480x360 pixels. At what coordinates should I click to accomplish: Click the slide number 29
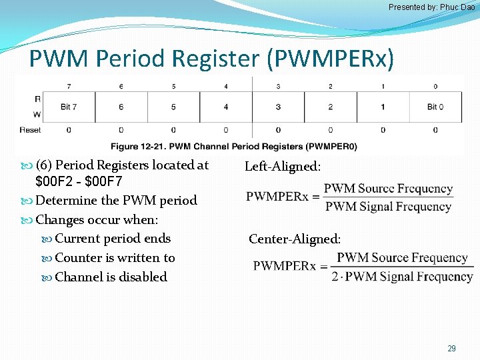(x=451, y=348)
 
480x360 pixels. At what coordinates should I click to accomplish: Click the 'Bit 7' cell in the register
(x=69, y=107)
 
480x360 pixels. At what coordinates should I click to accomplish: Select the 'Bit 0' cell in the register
(x=435, y=107)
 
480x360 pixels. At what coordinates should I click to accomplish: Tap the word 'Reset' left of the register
(x=30, y=129)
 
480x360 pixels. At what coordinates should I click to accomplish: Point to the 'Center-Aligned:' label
(x=295, y=239)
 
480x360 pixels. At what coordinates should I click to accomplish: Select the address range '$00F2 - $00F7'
(x=79, y=182)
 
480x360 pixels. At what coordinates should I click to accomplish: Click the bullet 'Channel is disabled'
(x=111, y=277)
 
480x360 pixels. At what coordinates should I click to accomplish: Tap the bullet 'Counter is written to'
(x=115, y=258)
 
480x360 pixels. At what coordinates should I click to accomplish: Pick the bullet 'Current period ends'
(x=113, y=239)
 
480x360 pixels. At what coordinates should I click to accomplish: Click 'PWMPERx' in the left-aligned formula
(x=277, y=197)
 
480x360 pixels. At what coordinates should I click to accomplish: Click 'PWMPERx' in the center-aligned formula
(x=285, y=266)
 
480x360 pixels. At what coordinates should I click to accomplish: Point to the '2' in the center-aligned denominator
(x=335, y=276)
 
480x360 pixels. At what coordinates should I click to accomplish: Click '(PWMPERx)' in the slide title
(x=331, y=59)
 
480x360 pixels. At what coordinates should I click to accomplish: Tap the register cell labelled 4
(x=226, y=107)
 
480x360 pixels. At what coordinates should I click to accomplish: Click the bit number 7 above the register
(x=69, y=86)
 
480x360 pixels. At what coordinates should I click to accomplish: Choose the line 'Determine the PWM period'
(x=116, y=201)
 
